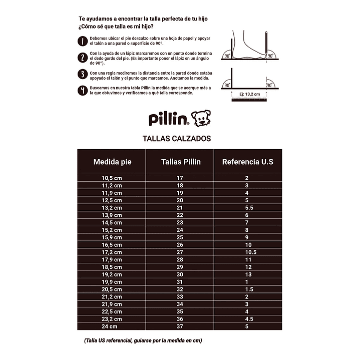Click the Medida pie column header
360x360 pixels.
112,162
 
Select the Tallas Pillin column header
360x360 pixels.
180,162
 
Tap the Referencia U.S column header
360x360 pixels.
247,162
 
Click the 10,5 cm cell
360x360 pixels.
112,178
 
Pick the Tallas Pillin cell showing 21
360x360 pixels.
180,208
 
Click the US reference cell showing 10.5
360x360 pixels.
250,252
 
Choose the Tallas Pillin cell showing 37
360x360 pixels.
180,326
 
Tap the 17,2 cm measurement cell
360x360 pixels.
112,252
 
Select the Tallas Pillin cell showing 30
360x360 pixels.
180,274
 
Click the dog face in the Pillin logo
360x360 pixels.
202,119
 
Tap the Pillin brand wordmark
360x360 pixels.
169,119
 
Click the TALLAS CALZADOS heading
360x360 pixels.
177,139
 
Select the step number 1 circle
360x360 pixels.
83,41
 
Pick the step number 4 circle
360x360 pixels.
83,90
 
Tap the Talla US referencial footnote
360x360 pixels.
143,340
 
